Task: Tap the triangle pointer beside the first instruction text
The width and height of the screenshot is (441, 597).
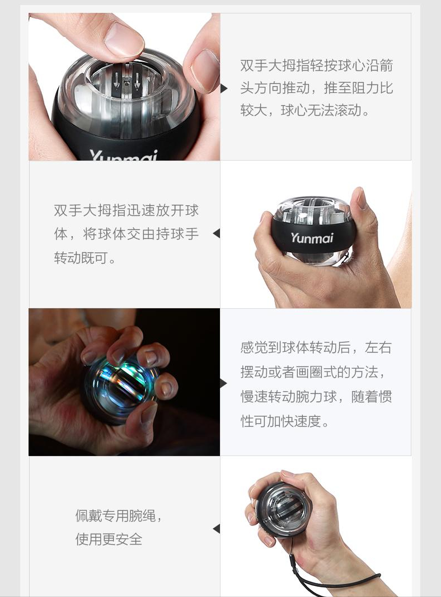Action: [x=224, y=88]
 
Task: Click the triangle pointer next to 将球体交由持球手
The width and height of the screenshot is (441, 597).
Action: [x=216, y=233]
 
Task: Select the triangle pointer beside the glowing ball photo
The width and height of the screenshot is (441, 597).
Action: [x=224, y=383]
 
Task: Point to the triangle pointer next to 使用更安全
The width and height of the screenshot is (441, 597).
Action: [x=216, y=529]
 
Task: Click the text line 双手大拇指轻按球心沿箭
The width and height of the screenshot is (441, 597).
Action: [x=316, y=65]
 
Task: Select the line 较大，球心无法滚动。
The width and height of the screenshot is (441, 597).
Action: [x=306, y=110]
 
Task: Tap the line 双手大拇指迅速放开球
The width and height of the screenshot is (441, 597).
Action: [x=126, y=211]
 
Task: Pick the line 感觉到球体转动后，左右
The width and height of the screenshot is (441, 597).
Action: [x=316, y=347]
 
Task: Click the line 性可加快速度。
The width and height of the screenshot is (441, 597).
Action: [x=285, y=421]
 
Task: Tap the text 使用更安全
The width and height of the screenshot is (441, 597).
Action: [x=109, y=539]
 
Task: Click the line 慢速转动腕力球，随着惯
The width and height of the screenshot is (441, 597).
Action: [x=316, y=397]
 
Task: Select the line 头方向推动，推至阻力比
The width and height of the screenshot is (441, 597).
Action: [x=316, y=88]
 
